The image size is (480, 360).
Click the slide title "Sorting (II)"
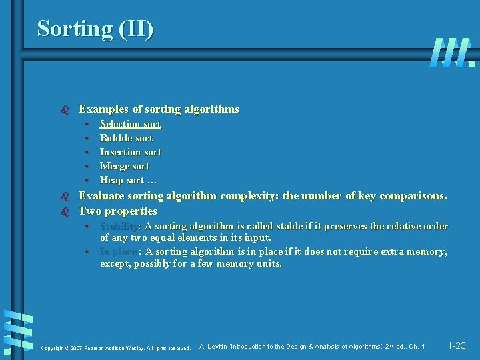point(95,28)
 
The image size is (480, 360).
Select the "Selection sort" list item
point(130,124)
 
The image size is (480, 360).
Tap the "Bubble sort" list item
point(126,138)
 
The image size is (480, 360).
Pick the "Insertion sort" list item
point(130,152)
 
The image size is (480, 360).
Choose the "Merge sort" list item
point(124,166)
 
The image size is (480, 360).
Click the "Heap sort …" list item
point(128,180)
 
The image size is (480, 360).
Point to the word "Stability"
point(118,226)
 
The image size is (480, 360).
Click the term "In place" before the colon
point(118,251)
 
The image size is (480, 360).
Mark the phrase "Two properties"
point(117,211)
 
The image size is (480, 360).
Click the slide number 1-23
point(457,345)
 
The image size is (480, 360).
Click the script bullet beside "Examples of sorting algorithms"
point(65,109)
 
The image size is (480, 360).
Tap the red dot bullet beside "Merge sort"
point(87,166)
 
